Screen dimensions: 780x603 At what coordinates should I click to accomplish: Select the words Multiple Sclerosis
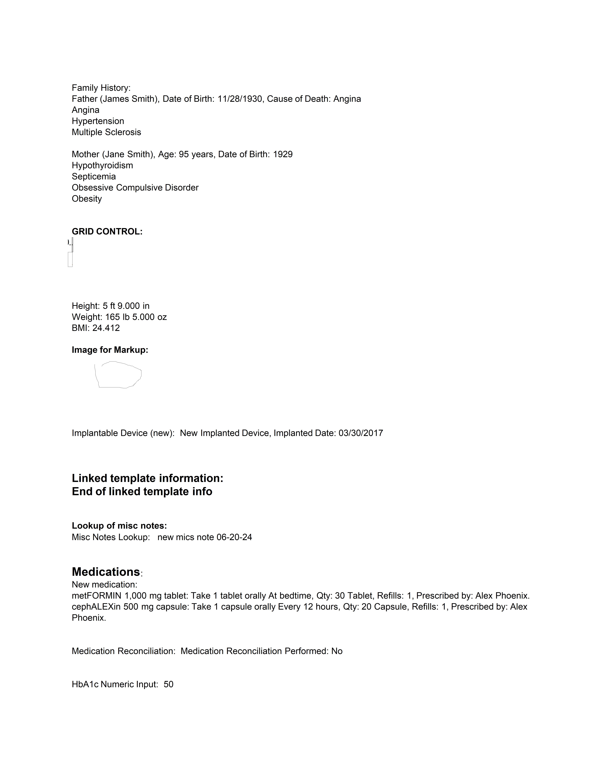106,132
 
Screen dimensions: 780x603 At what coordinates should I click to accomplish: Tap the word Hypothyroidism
102,165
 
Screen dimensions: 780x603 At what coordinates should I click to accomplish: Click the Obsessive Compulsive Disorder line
135,188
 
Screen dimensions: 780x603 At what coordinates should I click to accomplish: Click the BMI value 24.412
106,328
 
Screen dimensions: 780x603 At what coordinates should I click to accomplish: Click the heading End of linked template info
142,491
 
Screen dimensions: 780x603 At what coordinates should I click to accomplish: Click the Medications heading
106,572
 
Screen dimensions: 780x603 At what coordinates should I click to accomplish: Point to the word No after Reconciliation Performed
337,651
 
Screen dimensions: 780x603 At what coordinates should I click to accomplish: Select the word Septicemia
94,176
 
